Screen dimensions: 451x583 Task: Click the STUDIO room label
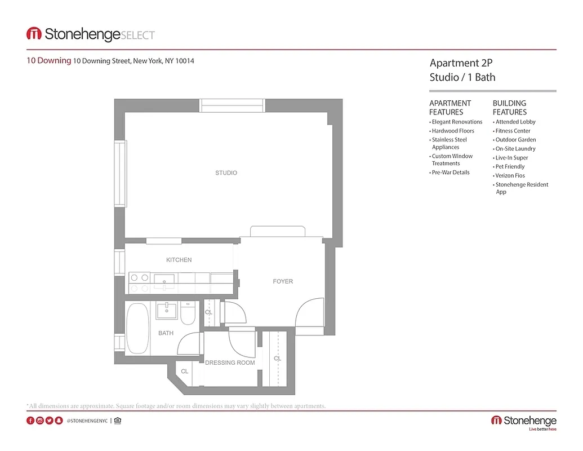[x=226, y=173]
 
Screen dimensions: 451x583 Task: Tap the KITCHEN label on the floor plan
[x=179, y=260]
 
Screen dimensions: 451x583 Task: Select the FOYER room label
[x=283, y=281]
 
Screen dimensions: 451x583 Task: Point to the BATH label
[x=166, y=333]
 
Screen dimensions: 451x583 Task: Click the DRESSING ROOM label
[x=230, y=362]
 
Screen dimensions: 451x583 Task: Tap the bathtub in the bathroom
[x=137, y=329]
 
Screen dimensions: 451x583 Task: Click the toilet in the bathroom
[x=189, y=314]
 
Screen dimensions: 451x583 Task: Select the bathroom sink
[x=167, y=310]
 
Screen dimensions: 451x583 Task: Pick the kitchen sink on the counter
[x=164, y=280]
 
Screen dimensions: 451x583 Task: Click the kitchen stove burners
[x=140, y=282]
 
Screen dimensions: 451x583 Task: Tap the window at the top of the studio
[x=232, y=105]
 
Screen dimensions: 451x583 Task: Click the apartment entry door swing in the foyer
[x=310, y=313]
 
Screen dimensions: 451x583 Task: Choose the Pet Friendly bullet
[x=510, y=167]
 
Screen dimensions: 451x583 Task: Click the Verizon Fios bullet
[x=510, y=176]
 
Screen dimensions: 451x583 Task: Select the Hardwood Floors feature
[x=453, y=131]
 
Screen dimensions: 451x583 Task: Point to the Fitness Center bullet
[x=513, y=131]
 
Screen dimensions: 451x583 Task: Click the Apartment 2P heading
[x=457, y=63]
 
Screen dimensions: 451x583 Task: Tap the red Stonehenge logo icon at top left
[x=34, y=34]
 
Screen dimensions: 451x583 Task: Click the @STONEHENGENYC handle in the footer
[x=87, y=421]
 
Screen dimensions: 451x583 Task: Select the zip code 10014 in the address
[x=185, y=61]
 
